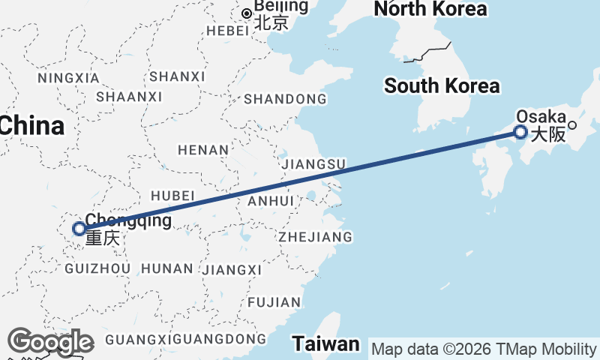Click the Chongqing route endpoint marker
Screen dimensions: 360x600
pyautogui.click(x=79, y=229)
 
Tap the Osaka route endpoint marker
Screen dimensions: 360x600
pyautogui.click(x=520, y=133)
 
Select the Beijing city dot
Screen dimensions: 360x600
pyautogui.click(x=246, y=13)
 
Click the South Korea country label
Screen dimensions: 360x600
pyautogui.click(x=442, y=85)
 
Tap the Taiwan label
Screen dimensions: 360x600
pyautogui.click(x=326, y=344)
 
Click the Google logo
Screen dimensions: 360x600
pyautogui.click(x=50, y=342)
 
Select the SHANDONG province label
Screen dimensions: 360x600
pyautogui.click(x=285, y=99)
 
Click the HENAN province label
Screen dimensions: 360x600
pyautogui.click(x=203, y=150)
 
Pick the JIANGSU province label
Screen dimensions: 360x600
pyautogui.click(x=312, y=163)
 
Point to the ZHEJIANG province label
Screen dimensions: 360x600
pyautogui.click(x=315, y=237)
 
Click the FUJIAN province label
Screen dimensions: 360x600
pyautogui.click(x=273, y=302)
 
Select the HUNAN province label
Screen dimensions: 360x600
pyautogui.click(x=166, y=268)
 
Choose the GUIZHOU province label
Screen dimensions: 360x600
pyautogui.click(x=97, y=268)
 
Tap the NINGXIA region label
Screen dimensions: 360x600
pyautogui.click(x=67, y=78)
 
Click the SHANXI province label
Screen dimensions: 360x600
pyautogui.click(x=177, y=76)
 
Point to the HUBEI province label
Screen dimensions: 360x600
pyautogui.click(x=172, y=195)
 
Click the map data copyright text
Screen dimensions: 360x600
pyautogui.click(x=484, y=349)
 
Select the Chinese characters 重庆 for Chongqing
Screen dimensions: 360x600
pyautogui.click(x=102, y=239)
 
